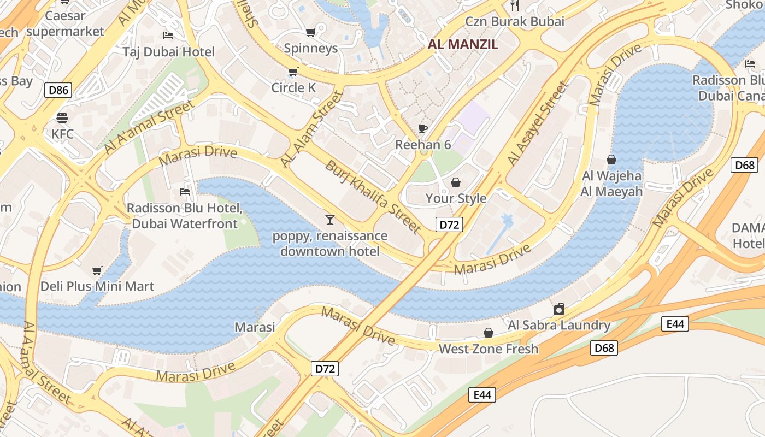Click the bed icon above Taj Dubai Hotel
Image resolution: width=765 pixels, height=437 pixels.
point(168,36)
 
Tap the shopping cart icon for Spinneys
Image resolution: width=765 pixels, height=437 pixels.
point(310,32)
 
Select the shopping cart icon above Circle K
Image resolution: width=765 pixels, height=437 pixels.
point(293,72)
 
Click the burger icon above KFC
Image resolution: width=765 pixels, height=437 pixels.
point(62,117)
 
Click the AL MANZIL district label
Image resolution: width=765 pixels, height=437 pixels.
point(470,45)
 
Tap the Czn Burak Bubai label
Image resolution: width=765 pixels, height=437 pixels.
point(515,22)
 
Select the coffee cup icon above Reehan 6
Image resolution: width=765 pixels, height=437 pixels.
point(422,128)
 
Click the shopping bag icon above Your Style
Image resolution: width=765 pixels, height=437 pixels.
point(455,182)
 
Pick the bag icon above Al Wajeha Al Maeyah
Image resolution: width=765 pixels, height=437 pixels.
point(611,160)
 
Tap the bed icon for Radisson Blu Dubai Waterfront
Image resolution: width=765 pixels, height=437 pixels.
point(185,192)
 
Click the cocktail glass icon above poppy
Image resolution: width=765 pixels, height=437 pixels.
point(329,220)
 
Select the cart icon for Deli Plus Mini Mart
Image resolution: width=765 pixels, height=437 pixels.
point(97,270)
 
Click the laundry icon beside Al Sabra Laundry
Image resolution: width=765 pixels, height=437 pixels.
point(558,309)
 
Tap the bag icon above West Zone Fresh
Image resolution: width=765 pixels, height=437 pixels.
point(489,333)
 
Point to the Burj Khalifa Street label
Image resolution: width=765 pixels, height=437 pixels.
point(373,196)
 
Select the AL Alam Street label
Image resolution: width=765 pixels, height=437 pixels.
point(312,129)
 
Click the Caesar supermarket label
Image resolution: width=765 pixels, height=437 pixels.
point(65,23)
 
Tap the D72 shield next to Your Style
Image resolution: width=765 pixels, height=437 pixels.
point(449,225)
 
